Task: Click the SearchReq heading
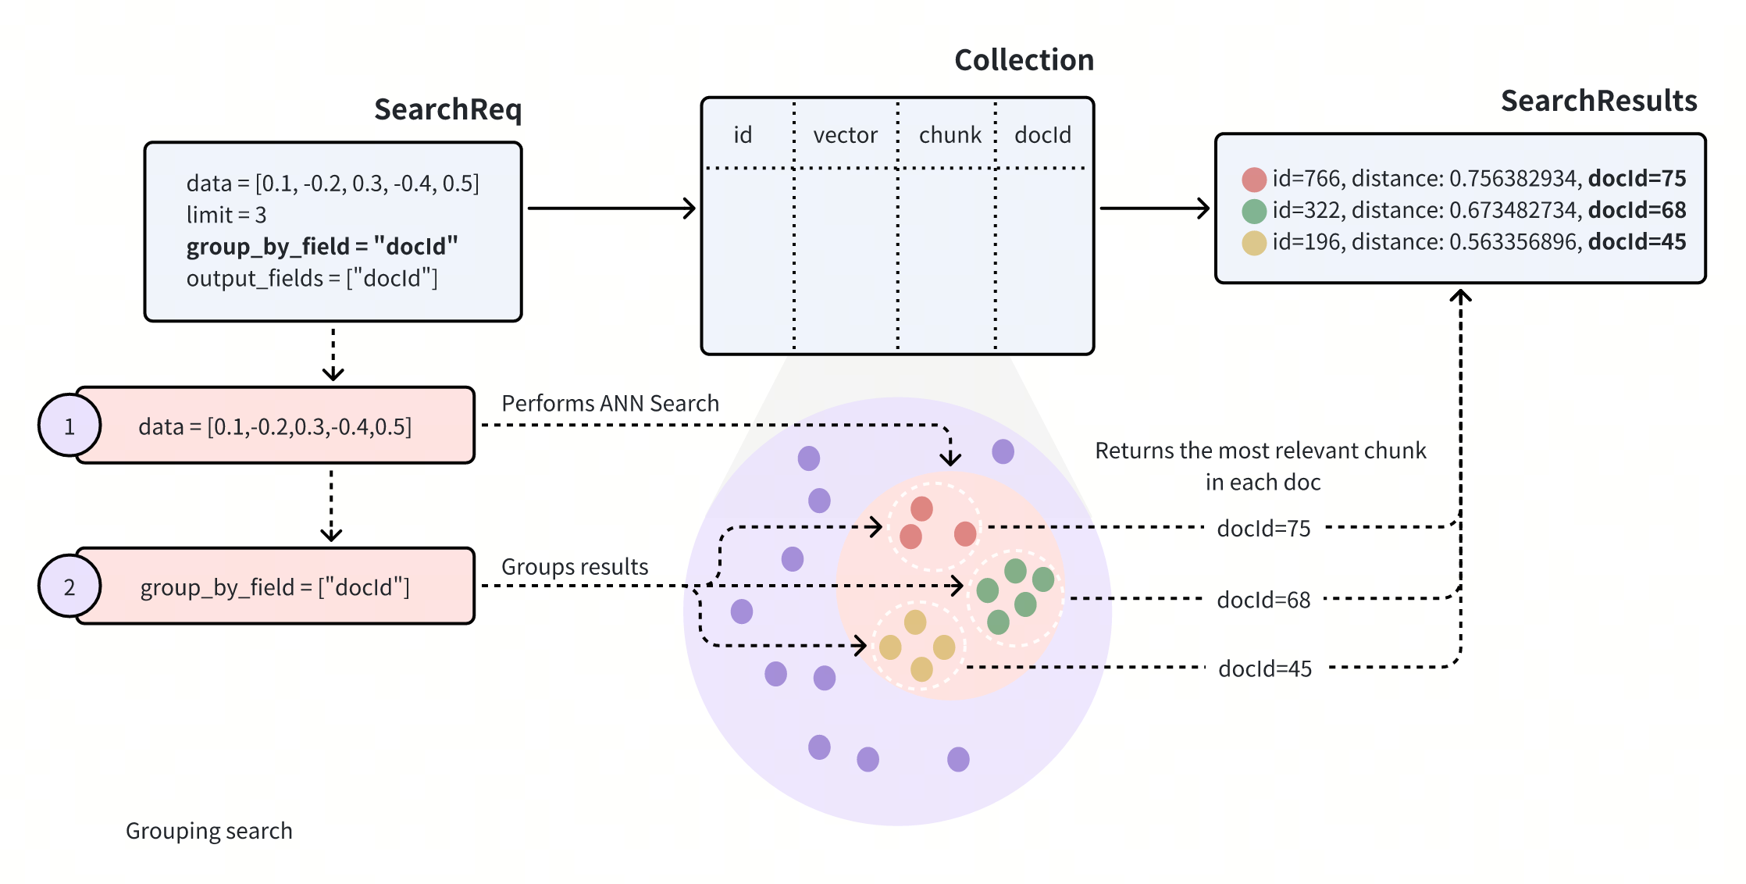coord(447,109)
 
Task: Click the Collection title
coord(1024,60)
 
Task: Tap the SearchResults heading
coord(1598,101)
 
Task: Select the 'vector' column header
coord(845,135)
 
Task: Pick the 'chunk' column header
coord(950,135)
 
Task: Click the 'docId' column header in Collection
coord(1042,135)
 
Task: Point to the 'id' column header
coord(743,135)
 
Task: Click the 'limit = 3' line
coord(226,215)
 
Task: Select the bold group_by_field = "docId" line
coord(322,246)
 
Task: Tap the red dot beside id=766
coord(1254,180)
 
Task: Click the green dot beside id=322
coord(1254,211)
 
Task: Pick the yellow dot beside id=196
coord(1254,243)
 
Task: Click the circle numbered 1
coord(69,426)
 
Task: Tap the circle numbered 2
coord(69,586)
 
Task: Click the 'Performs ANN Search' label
coord(610,403)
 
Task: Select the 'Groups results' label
coord(575,566)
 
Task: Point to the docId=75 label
coord(1263,529)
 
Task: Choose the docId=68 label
coord(1263,600)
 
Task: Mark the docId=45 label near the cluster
coord(1265,668)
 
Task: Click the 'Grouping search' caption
coord(209,831)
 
